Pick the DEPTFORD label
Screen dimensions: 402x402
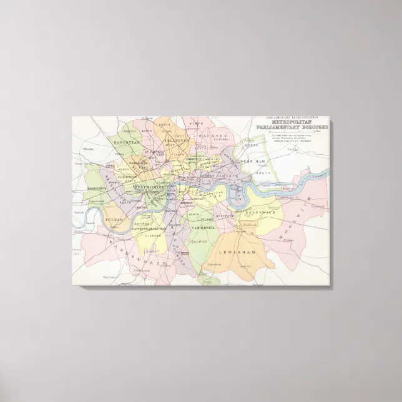click(x=225, y=216)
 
